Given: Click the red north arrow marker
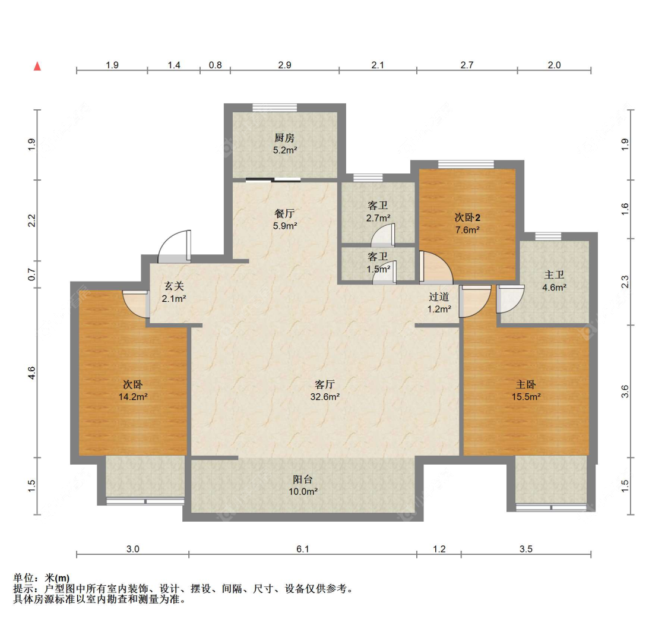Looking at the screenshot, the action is click(x=37, y=66).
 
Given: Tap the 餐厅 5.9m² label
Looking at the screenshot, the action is click(x=284, y=220).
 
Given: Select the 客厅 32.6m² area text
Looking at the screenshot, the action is click(x=325, y=390).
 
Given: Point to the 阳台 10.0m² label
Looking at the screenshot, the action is click(x=303, y=485).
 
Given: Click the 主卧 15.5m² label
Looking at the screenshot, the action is click(x=526, y=390).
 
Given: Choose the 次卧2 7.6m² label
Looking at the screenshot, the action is click(x=467, y=224).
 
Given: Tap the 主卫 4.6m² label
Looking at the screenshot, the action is click(x=554, y=282).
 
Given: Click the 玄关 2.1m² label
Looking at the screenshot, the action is click(x=174, y=292).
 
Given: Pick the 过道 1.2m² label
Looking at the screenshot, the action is click(x=439, y=302).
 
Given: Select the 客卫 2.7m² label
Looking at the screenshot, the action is click(x=378, y=212).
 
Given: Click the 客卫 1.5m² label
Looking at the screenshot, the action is click(x=378, y=263).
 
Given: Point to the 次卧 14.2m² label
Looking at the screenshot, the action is click(x=133, y=390).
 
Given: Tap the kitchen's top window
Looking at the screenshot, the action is click(x=274, y=108).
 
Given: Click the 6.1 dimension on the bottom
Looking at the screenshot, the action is click(x=303, y=549).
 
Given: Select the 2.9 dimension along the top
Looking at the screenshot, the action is click(x=284, y=65).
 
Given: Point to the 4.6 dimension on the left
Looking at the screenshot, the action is click(x=31, y=373).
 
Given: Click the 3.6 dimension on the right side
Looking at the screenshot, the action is click(x=625, y=391).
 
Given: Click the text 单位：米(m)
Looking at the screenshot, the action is click(x=42, y=578).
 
